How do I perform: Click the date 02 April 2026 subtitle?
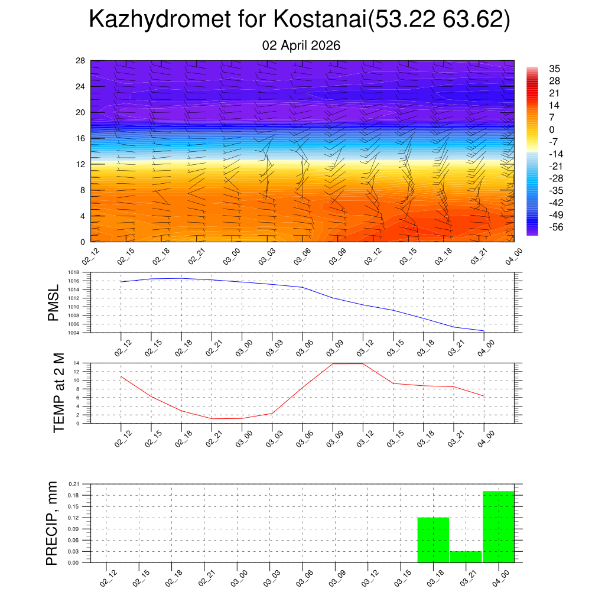pos(301,45)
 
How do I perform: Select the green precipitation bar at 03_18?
pos(433,539)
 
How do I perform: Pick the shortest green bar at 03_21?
pos(466,557)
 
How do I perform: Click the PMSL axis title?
pos(53,302)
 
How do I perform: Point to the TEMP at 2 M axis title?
pos(58,393)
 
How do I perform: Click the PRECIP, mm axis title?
pos(53,523)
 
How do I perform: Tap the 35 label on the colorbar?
pos(554,69)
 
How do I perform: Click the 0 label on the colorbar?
pos(552,129)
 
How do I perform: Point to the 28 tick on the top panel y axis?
pos(80,61)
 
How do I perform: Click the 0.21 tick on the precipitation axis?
pos(74,484)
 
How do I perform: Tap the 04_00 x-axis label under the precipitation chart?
pos(500,578)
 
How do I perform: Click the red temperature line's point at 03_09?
pos(333,363)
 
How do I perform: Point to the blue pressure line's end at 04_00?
pos(484,331)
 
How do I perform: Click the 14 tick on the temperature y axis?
pos(77,363)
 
